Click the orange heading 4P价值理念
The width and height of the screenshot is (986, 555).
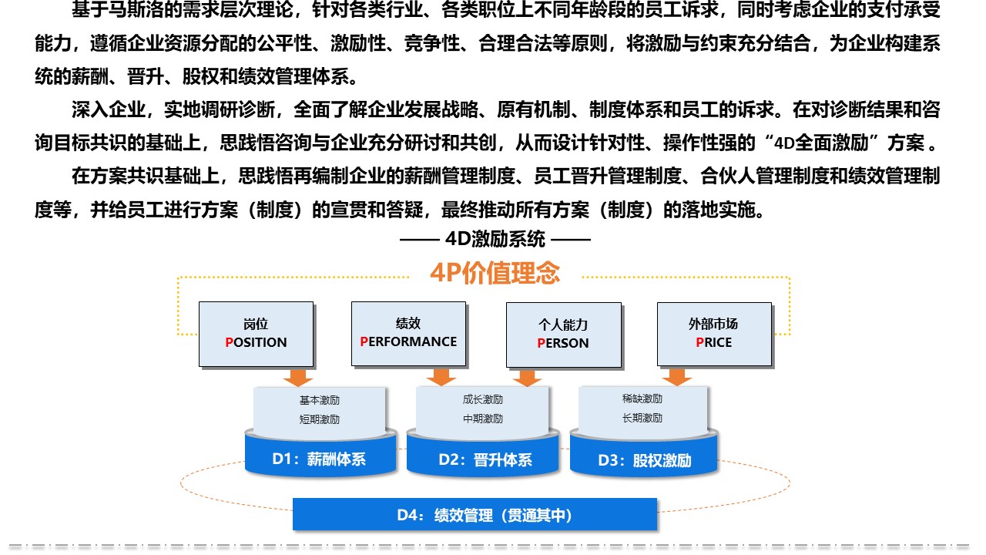[495, 273]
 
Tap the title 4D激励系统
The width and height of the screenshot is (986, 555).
[495, 240]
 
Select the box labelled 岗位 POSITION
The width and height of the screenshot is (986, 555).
[257, 335]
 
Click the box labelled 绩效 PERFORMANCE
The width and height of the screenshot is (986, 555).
[408, 334]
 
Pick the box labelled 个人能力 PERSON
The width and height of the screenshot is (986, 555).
[563, 335]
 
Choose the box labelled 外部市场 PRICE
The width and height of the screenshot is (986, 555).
[714, 335]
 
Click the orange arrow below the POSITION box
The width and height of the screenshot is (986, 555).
[298, 378]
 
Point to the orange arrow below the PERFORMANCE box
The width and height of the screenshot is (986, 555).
[441, 378]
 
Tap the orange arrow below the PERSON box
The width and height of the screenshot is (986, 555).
[527, 378]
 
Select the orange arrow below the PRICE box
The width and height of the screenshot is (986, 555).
[676, 378]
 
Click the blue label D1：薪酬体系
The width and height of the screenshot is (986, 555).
[319, 459]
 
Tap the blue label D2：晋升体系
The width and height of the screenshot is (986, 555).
[485, 460]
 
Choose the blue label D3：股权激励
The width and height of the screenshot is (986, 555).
[645, 460]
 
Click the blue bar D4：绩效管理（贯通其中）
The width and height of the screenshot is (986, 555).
[475, 514]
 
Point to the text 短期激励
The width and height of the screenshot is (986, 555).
[320, 419]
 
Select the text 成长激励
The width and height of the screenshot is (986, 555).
[483, 399]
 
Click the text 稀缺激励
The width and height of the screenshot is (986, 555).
[642, 399]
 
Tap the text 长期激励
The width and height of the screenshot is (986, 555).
[642, 418]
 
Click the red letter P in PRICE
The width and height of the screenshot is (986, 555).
[700, 342]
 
